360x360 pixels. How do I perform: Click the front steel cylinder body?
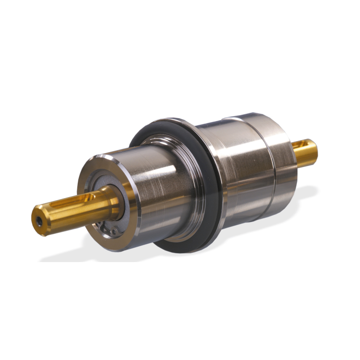[154, 192]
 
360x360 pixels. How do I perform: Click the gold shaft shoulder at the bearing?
[115, 202]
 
